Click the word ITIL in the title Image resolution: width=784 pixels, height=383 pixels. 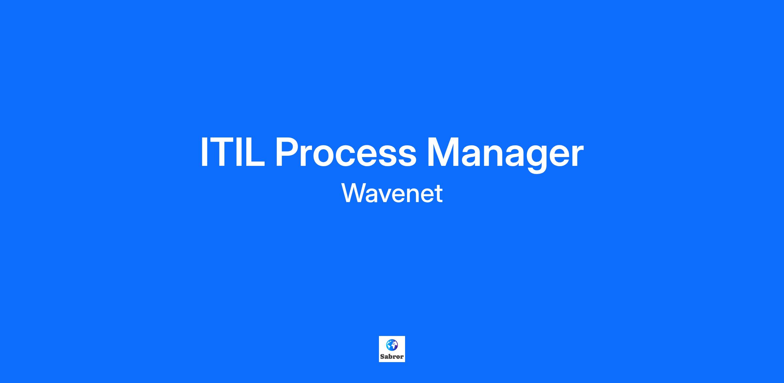233,152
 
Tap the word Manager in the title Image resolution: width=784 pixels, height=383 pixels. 505,155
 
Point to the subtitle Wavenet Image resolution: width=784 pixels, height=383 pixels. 392,193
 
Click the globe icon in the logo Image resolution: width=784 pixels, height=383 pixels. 392,345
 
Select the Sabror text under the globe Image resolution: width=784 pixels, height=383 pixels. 392,357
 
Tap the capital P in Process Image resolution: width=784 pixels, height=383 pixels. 288,152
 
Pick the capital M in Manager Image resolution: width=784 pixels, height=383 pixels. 444,152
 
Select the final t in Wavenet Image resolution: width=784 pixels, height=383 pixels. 438,194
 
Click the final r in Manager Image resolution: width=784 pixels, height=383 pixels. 576,156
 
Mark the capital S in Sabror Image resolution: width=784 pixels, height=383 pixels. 383,357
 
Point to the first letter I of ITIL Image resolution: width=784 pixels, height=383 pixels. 204,152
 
